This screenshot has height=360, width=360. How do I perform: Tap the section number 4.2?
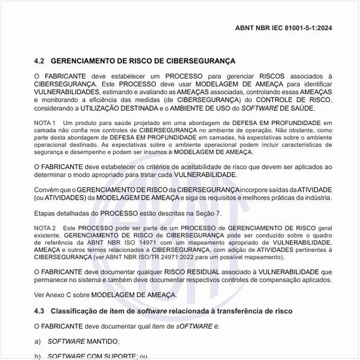pyautogui.click(x=39, y=60)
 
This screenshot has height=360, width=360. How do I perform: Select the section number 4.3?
pyautogui.click(x=39, y=309)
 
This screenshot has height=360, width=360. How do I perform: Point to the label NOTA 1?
pyautogui.click(x=45, y=123)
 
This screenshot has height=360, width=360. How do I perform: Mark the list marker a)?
pyautogui.click(x=38, y=341)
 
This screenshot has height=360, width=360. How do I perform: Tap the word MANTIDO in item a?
pyautogui.click(x=101, y=341)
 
